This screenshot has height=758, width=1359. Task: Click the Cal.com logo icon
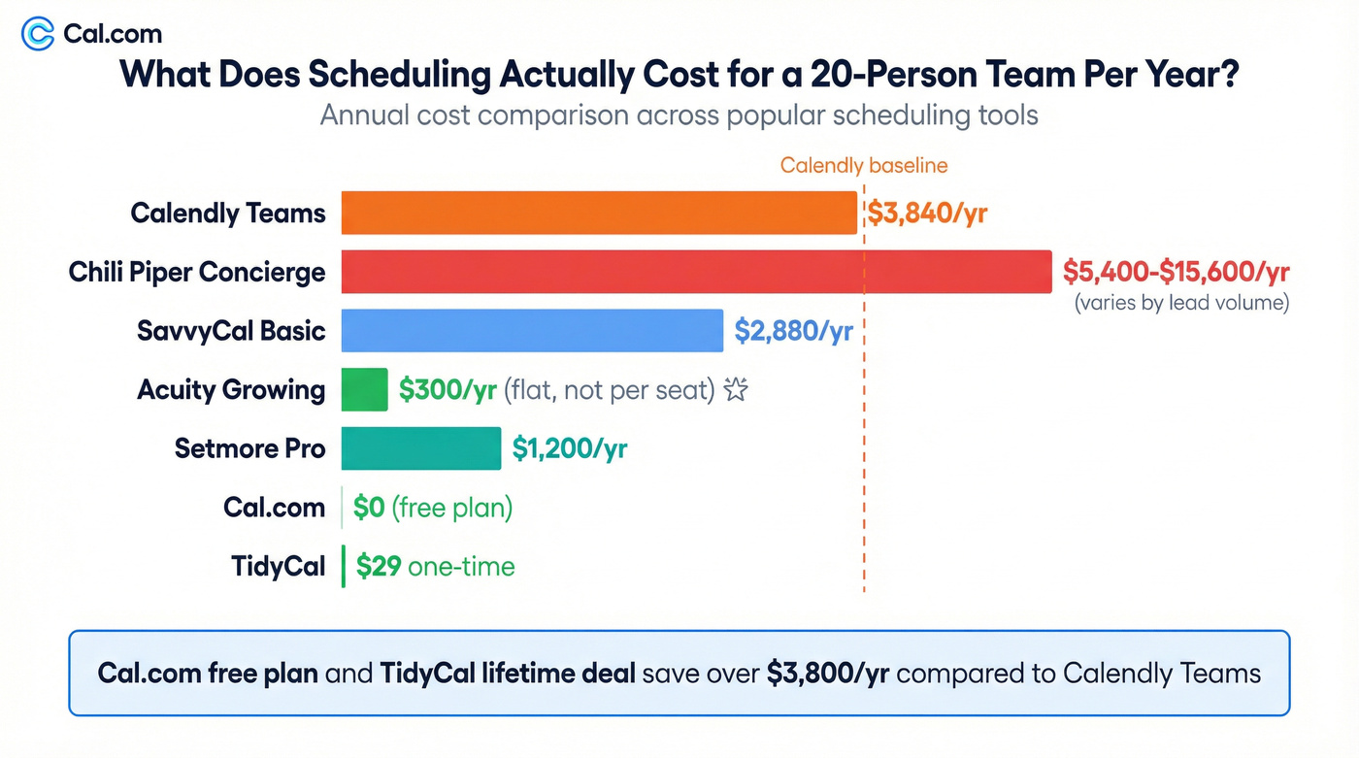[x=38, y=34]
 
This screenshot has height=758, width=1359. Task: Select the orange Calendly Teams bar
[x=598, y=213]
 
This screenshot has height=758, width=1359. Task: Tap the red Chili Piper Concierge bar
[x=695, y=272]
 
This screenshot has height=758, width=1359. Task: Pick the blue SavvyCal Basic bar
[x=531, y=331]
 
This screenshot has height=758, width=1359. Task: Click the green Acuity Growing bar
[x=364, y=390]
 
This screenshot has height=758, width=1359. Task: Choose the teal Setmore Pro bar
[x=420, y=448]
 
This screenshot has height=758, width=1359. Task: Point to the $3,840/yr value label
[x=926, y=214]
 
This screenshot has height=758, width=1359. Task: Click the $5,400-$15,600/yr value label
[x=1176, y=271]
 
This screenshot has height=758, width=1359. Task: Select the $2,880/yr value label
[x=793, y=331]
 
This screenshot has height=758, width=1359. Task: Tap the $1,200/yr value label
[x=569, y=448]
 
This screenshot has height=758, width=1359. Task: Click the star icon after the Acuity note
[x=737, y=390]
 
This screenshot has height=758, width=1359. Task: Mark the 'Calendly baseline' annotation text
[x=863, y=166]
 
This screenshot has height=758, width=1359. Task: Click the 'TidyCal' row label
[x=278, y=567]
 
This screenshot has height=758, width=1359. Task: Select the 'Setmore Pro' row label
[x=249, y=448]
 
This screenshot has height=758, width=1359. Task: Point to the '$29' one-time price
[x=379, y=567]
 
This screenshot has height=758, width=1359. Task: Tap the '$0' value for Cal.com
[x=369, y=508]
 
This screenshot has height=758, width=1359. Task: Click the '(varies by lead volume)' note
[x=1180, y=303]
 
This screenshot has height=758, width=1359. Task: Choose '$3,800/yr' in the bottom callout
[x=827, y=673]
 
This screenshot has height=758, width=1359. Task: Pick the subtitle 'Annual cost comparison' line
[x=679, y=115]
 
